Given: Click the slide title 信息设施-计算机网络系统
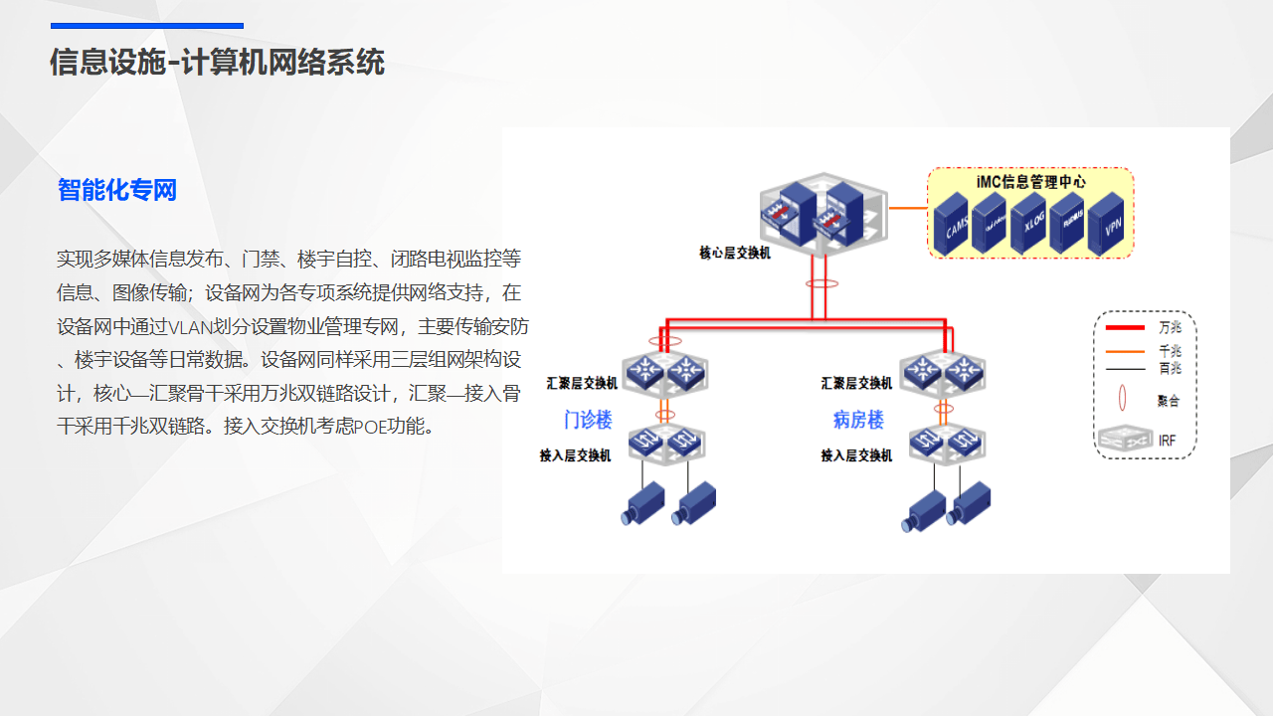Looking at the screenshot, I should coord(217,63).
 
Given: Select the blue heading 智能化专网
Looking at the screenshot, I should coord(117,190).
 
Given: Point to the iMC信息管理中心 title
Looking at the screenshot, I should coord(1030,182).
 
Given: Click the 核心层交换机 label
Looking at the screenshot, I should coord(735,253).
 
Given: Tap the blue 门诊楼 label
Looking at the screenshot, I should coord(587,420).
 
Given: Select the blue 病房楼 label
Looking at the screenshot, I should coord(858,420).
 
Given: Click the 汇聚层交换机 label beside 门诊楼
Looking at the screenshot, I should coord(582,383).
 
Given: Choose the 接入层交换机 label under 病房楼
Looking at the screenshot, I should coord(856,455).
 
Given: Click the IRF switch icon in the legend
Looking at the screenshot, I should coord(1124,438).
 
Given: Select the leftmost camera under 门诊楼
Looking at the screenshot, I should coord(642,503).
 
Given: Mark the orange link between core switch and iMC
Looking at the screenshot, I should coord(907,209).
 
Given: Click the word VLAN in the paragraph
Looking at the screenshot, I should coord(189,327).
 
